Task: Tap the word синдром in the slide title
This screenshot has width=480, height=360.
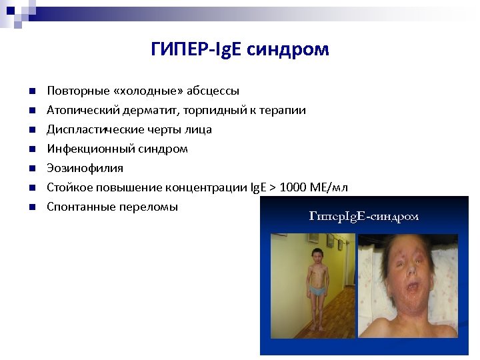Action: coord(288,50)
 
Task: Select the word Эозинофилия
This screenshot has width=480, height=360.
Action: coord(75,168)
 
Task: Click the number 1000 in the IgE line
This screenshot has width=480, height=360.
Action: coord(293,187)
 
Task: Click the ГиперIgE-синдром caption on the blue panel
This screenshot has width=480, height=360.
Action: coord(364,216)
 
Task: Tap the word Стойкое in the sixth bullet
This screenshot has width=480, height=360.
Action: coord(67,187)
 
